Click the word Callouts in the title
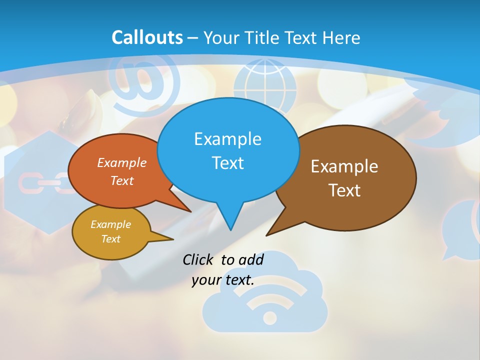pos(147,37)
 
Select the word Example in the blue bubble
pos(227,139)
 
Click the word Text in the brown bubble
pos(344,190)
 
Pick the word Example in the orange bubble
pos(121,163)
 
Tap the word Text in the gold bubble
pos(110,239)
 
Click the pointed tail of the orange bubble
pos(189,210)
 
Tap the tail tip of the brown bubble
pos(268,234)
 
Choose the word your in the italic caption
pos(206,280)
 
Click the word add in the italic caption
pos(251,259)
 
